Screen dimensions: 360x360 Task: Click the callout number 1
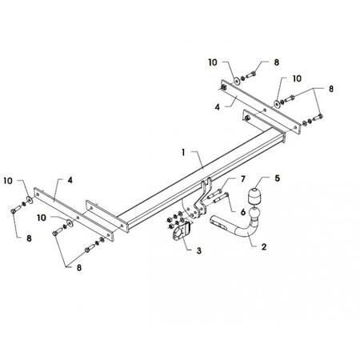point(183,153)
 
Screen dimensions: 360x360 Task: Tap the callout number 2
point(264,246)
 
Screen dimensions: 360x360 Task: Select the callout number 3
point(199,250)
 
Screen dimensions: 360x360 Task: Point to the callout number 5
point(278,178)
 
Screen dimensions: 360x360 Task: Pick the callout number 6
point(243,212)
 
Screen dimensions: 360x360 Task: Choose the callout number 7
point(243,179)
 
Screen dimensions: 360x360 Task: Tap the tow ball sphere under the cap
point(255,214)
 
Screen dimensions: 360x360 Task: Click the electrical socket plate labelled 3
point(182,233)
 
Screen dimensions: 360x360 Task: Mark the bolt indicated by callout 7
point(215,194)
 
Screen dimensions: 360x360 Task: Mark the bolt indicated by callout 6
point(221,198)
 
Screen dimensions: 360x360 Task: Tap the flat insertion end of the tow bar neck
point(218,222)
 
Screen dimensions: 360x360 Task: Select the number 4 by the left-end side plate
point(70,180)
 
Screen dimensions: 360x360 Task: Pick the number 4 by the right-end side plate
point(218,107)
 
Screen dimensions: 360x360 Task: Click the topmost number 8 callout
point(277,62)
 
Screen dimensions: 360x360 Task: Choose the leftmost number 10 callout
point(8,181)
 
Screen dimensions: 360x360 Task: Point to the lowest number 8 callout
point(79,267)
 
